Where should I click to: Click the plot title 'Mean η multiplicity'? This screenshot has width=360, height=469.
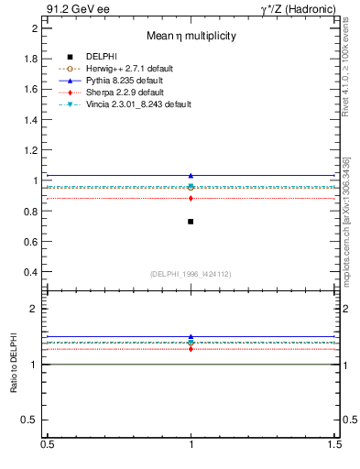(x=191, y=36)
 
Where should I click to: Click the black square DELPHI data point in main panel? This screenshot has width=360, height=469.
(x=191, y=222)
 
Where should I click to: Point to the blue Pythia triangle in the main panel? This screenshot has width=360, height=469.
(x=191, y=175)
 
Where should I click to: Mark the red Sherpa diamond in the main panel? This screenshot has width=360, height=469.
(x=191, y=198)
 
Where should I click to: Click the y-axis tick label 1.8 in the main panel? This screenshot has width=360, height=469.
(x=31, y=59)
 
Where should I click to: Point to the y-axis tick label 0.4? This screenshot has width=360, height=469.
(x=31, y=272)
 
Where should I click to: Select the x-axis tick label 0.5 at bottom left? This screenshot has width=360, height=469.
(x=47, y=444)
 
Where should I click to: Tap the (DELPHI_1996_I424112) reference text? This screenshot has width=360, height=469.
(x=191, y=273)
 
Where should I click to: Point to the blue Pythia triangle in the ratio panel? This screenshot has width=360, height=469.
(x=191, y=337)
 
